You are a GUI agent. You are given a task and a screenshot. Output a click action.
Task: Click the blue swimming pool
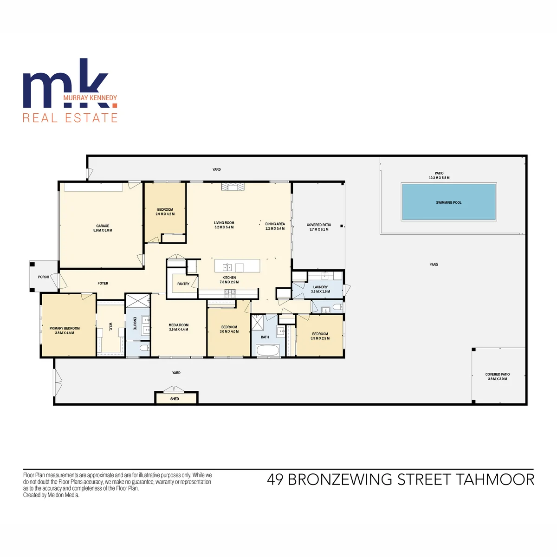pos(448,202)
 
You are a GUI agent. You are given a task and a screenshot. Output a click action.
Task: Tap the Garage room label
pos(103,226)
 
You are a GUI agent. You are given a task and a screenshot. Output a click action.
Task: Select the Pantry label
pos(183,284)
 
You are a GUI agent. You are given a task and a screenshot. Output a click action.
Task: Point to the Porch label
pos(43,277)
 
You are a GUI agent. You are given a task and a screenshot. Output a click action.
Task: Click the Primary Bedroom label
pos(65,328)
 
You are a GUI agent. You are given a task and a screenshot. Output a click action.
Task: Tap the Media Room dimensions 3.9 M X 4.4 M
pos(179,330)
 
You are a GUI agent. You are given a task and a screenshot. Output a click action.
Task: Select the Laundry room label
pos(320,287)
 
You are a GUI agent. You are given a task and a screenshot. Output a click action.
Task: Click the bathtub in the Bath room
pos(268,350)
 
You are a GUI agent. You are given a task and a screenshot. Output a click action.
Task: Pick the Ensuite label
pos(135,324)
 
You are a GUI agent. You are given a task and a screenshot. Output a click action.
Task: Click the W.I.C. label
pos(111,327)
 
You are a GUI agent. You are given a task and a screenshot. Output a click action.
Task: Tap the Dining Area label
pos(275,224)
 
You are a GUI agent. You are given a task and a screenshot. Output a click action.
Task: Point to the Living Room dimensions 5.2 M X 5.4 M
pos(224,227)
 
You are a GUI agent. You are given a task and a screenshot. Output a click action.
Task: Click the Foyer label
pos(103,283)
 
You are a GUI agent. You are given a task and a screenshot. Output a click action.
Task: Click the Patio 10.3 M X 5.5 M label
pos(439,175)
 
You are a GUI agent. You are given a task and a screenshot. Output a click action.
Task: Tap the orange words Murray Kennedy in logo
pos(90,97)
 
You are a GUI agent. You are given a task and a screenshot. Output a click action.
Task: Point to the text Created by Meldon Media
pos(51,495)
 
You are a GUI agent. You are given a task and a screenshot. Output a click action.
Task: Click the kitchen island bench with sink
pos(237,266)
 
